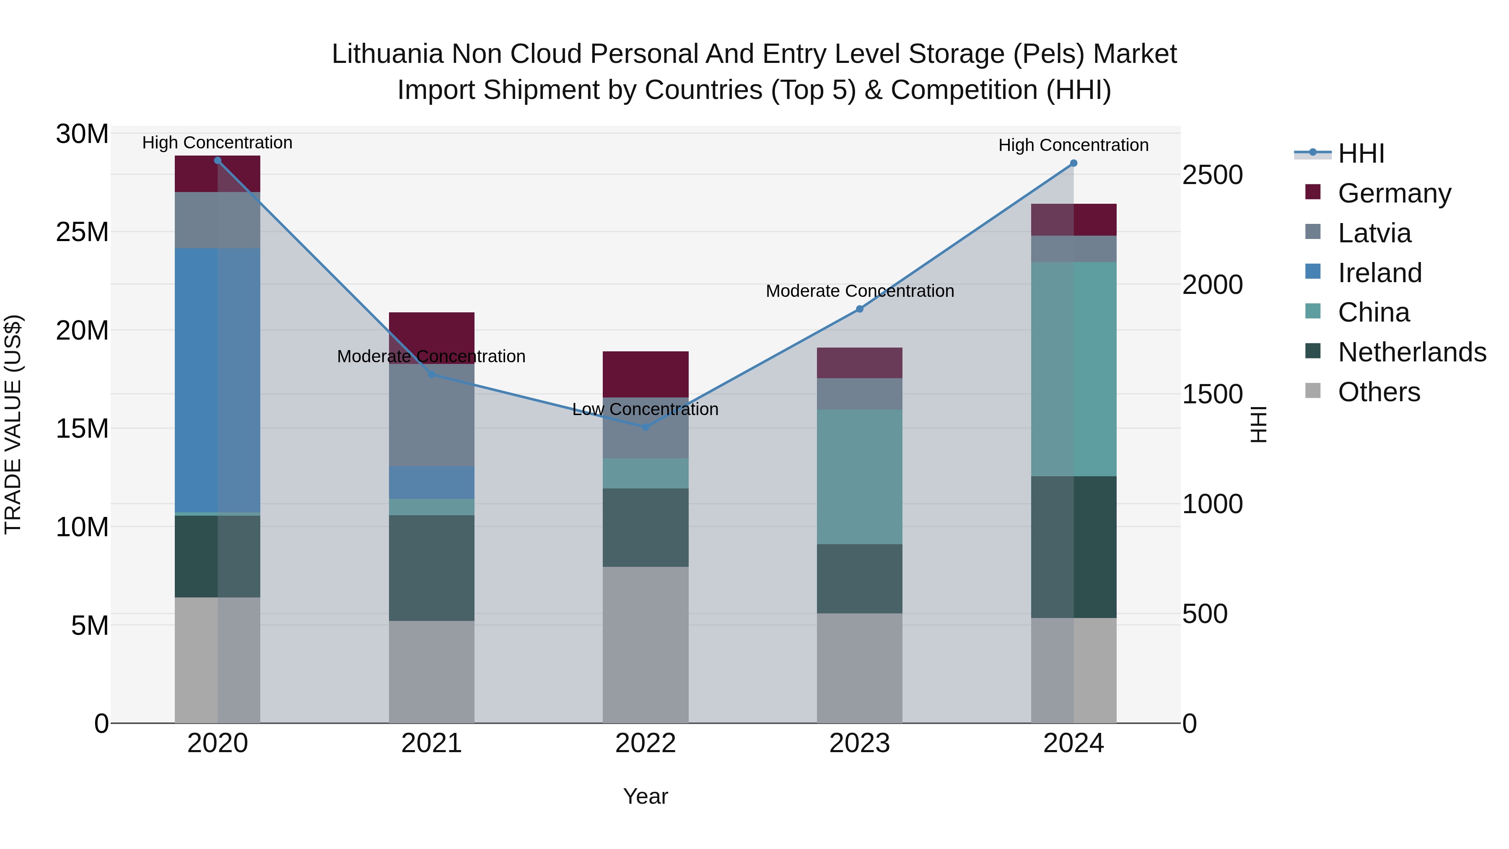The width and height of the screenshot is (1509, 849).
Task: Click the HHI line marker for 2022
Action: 646,426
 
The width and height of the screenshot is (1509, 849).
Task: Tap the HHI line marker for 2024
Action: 1073,164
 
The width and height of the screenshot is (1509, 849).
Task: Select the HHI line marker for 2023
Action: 859,309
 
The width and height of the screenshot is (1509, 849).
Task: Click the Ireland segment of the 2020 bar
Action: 217,380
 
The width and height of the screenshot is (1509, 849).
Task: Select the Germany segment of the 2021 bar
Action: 432,331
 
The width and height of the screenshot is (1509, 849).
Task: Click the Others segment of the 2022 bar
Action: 646,644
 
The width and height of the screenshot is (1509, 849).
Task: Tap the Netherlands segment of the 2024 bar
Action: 1073,547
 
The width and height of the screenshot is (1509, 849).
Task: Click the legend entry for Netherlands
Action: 1412,352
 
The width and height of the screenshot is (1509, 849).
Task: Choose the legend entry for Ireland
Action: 1379,273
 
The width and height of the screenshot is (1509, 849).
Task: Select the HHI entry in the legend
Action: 1361,153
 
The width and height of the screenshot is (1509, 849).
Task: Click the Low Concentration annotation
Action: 645,409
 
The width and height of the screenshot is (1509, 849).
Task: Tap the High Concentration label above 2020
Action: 217,143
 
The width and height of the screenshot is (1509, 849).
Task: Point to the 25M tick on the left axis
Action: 82,232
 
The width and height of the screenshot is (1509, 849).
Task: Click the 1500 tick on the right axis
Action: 1212,395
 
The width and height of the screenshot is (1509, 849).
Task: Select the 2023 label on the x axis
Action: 859,743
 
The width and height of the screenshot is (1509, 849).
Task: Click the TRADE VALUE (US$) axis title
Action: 13,424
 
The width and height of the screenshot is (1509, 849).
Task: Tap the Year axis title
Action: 645,796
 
